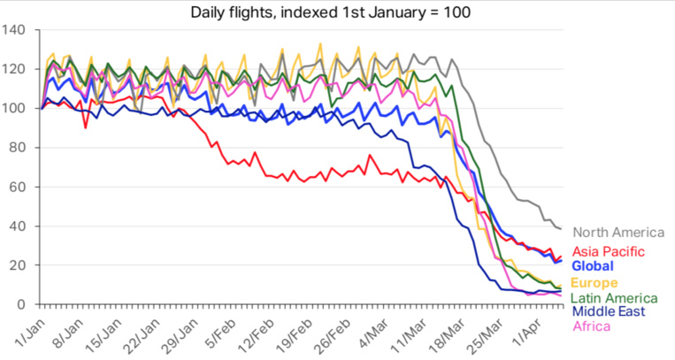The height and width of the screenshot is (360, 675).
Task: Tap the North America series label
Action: [x=617, y=233]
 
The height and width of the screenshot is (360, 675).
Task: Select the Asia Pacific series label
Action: [x=609, y=251]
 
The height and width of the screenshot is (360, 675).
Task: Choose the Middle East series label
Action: [x=609, y=311]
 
